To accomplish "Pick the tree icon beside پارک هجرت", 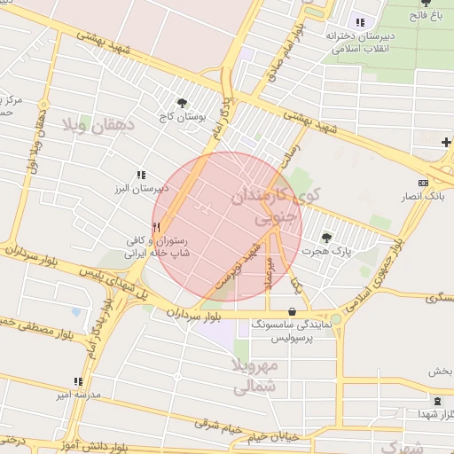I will click(x=326, y=238).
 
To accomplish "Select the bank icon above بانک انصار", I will click(x=422, y=183).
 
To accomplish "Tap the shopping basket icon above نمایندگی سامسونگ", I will click(x=293, y=311).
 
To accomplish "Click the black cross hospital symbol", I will click(x=446, y=142).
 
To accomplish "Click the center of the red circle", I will click(x=227, y=227).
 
